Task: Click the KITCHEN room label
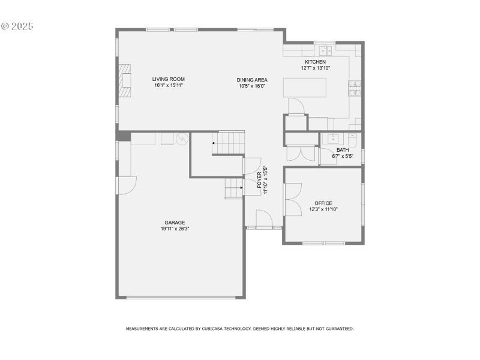pyautogui.click(x=315, y=62)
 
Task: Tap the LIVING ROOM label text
pyautogui.click(x=168, y=79)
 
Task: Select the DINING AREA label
pyautogui.click(x=251, y=80)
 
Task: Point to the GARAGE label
pyautogui.click(x=175, y=223)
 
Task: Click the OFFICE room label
pyautogui.click(x=323, y=203)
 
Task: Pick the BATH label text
pyautogui.click(x=343, y=150)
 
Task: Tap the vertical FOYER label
pyautogui.click(x=260, y=181)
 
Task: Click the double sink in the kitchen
pyautogui.click(x=325, y=50)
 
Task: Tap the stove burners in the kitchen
pyautogui.click(x=355, y=89)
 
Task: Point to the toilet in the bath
pyautogui.click(x=353, y=140)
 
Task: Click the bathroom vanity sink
pyautogui.click(x=332, y=139)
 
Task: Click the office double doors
pyautogui.click(x=293, y=199)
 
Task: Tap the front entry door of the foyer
pyautogui.click(x=265, y=219)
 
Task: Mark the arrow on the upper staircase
pyautogui.click(x=213, y=143)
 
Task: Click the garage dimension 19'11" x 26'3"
pyautogui.click(x=175, y=229)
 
